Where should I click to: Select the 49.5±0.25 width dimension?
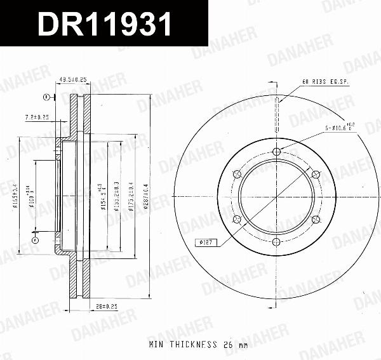(72, 79)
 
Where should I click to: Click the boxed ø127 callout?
(208, 241)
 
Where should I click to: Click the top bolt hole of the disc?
(276, 151)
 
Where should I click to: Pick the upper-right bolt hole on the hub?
(316, 173)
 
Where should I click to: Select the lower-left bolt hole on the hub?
(237, 220)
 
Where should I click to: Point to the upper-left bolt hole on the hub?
(237, 173)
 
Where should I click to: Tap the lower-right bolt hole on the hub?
(316, 220)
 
